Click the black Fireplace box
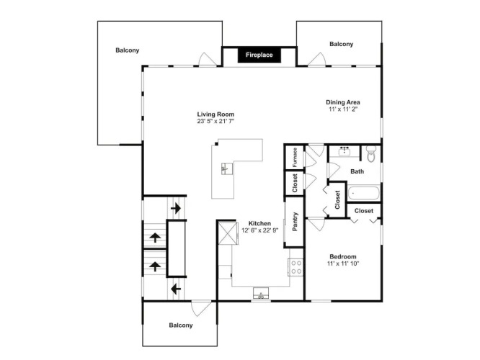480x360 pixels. (x=259, y=55)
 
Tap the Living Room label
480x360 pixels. (x=215, y=114)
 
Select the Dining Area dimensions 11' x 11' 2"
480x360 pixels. (x=343, y=109)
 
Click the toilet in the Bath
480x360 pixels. (x=371, y=154)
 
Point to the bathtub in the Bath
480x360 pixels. (x=364, y=193)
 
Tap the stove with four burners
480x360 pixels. (x=295, y=267)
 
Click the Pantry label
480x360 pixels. (x=295, y=222)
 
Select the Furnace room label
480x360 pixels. (x=295, y=157)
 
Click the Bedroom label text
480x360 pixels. (x=343, y=256)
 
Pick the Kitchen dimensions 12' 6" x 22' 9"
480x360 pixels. (x=260, y=230)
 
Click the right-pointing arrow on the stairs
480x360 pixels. (x=176, y=209)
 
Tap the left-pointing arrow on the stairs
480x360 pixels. (x=176, y=289)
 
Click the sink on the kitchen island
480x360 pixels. (x=227, y=168)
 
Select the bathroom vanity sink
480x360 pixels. (x=345, y=150)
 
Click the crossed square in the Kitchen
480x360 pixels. (x=228, y=233)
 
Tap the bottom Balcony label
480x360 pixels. (x=181, y=325)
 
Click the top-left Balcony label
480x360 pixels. (x=128, y=50)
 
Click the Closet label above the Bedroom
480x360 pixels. (x=364, y=211)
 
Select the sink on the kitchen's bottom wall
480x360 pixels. (x=261, y=293)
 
